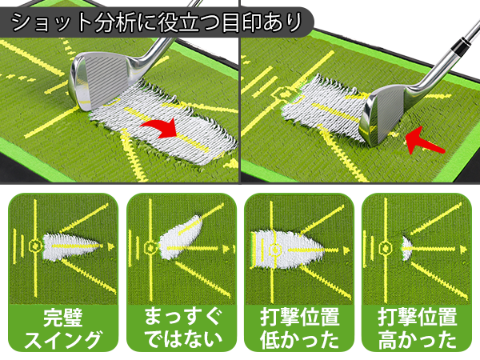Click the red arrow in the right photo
422,140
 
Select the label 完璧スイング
63,328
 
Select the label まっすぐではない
182,328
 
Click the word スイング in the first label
63,340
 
